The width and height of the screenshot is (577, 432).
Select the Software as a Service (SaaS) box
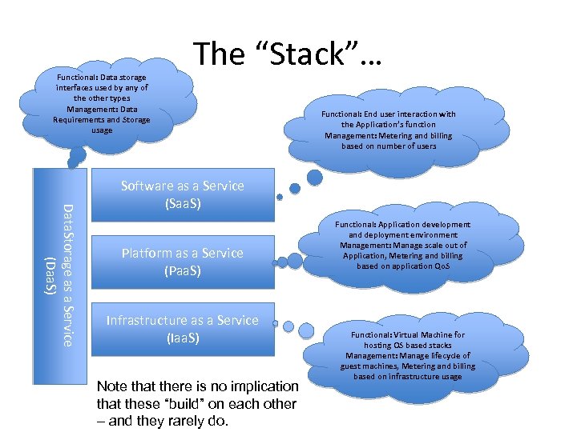(182, 194)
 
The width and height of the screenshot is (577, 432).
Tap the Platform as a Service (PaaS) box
(182, 262)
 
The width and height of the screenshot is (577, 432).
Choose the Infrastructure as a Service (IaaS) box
(182, 329)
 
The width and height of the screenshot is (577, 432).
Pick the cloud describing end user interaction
(389, 130)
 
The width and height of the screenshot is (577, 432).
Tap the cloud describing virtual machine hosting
(408, 355)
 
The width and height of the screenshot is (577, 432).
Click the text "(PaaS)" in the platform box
(182, 270)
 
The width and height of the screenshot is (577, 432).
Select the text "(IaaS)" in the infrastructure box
(182, 338)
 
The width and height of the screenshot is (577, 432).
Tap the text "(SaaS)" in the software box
(182, 203)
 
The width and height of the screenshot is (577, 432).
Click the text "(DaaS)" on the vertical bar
(50, 275)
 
